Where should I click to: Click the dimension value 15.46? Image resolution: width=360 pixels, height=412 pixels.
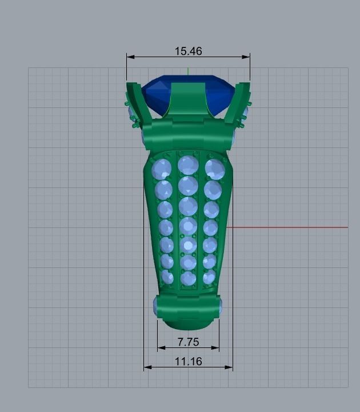tap(188, 51)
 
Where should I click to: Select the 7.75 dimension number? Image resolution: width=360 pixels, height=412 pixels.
tap(188, 342)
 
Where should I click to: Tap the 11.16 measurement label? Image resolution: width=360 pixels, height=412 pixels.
tap(188, 362)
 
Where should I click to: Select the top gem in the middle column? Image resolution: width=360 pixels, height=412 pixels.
tap(188, 165)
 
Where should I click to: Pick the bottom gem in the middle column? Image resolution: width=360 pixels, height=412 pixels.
tap(188, 279)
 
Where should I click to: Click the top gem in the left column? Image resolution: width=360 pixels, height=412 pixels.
tap(162, 169)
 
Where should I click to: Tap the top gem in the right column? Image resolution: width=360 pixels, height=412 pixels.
tap(214, 168)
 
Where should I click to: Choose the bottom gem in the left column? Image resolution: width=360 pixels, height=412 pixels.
tap(167, 277)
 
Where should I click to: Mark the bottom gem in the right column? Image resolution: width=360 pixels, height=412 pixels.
tap(209, 277)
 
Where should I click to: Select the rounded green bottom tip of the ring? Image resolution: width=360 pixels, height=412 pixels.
tap(188, 324)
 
